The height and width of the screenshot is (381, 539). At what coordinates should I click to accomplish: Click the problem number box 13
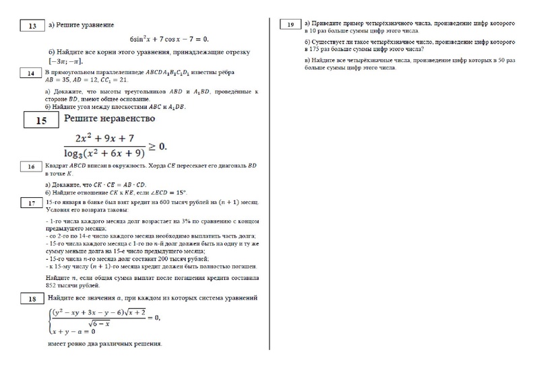(32, 26)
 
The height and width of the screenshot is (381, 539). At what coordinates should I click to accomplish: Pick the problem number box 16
(32, 166)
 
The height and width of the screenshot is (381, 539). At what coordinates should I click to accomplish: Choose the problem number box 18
(32, 299)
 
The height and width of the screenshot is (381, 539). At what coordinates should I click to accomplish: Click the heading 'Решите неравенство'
(109, 118)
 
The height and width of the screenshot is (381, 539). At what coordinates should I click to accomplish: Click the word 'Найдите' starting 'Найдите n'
(58, 277)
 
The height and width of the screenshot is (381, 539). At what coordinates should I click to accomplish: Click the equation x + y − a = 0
(71, 331)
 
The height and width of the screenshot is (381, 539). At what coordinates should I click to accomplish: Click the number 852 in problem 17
(53, 285)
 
